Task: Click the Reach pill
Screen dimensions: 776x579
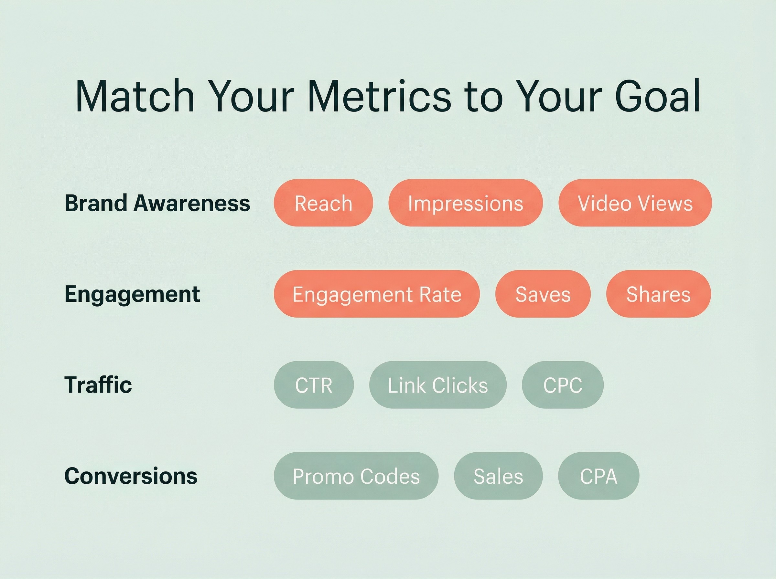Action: pos(323,203)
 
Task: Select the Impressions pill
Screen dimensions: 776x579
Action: pos(465,203)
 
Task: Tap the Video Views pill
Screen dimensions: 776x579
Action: pos(635,203)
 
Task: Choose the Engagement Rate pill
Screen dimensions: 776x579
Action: pos(377,294)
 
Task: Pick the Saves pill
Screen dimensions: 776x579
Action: pos(543,294)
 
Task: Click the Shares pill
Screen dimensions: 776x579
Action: pos(659,294)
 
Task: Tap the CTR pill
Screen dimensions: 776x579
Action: pos(314,385)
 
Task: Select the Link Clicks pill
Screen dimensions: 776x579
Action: pos(437,385)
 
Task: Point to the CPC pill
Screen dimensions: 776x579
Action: pos(563,385)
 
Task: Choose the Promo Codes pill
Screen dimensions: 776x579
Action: pos(356,476)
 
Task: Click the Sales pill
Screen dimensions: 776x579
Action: pos(498,476)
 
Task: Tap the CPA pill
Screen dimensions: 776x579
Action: pos(598,476)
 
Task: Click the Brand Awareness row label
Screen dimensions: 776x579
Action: pos(157,203)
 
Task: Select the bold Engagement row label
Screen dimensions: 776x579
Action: pos(132,295)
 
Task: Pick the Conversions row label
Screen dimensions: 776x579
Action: pos(131,476)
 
